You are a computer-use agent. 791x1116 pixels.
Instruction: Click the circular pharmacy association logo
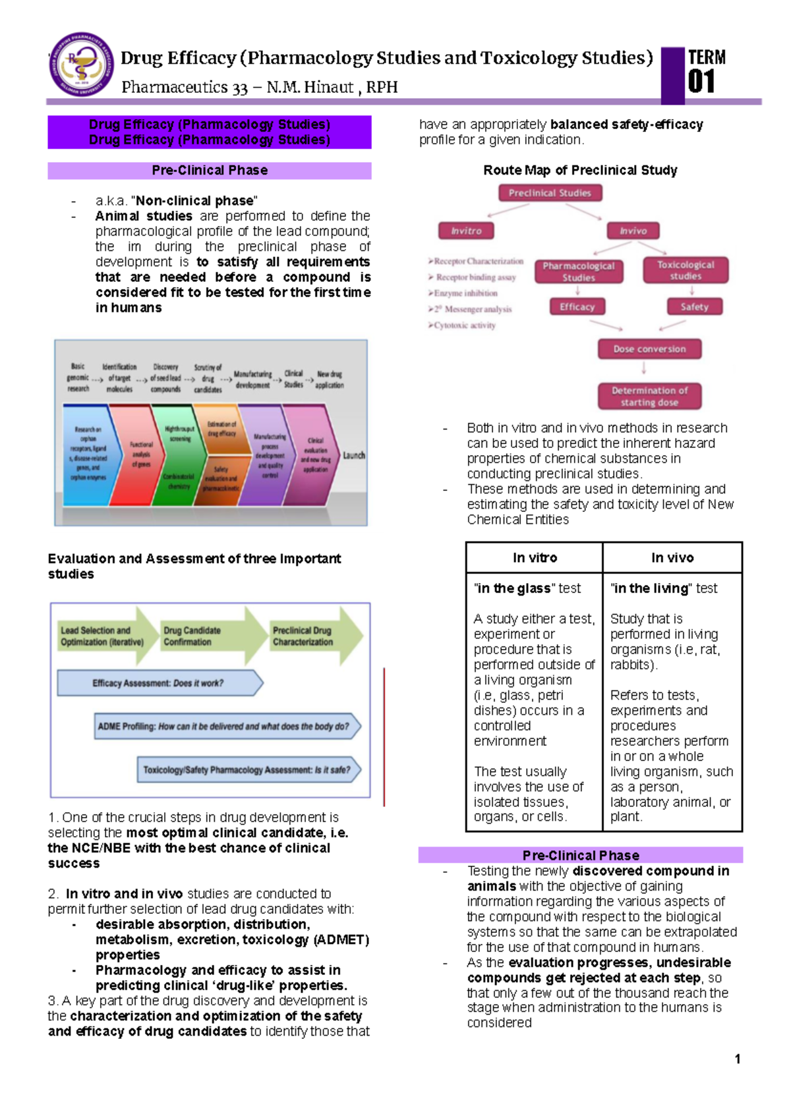coord(82,65)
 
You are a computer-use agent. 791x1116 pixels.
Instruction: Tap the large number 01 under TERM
coord(701,82)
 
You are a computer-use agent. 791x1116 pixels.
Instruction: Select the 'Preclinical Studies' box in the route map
coord(550,193)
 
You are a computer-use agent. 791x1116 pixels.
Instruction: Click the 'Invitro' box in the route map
coord(466,231)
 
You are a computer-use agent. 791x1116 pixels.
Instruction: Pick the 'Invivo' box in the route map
coord(633,231)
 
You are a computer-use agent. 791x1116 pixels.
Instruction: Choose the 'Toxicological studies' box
coord(686,270)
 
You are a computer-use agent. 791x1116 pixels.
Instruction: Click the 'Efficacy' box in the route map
coord(577,306)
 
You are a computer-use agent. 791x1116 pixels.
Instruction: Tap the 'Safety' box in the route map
coord(694,306)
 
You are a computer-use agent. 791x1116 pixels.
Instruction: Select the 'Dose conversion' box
coord(649,349)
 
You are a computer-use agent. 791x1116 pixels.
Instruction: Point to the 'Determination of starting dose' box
coord(649,396)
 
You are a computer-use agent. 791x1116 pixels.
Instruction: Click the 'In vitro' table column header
coord(535,558)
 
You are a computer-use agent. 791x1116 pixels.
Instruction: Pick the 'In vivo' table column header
coord(672,558)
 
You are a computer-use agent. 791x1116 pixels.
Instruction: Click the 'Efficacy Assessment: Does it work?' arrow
coord(159,683)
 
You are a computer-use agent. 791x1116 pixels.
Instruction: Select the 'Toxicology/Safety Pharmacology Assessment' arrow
coord(248,769)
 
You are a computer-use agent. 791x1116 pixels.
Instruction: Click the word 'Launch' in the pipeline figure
coord(354,455)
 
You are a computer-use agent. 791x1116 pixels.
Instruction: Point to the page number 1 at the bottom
coord(738,1059)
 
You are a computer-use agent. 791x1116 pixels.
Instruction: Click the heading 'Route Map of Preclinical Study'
coord(580,170)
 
